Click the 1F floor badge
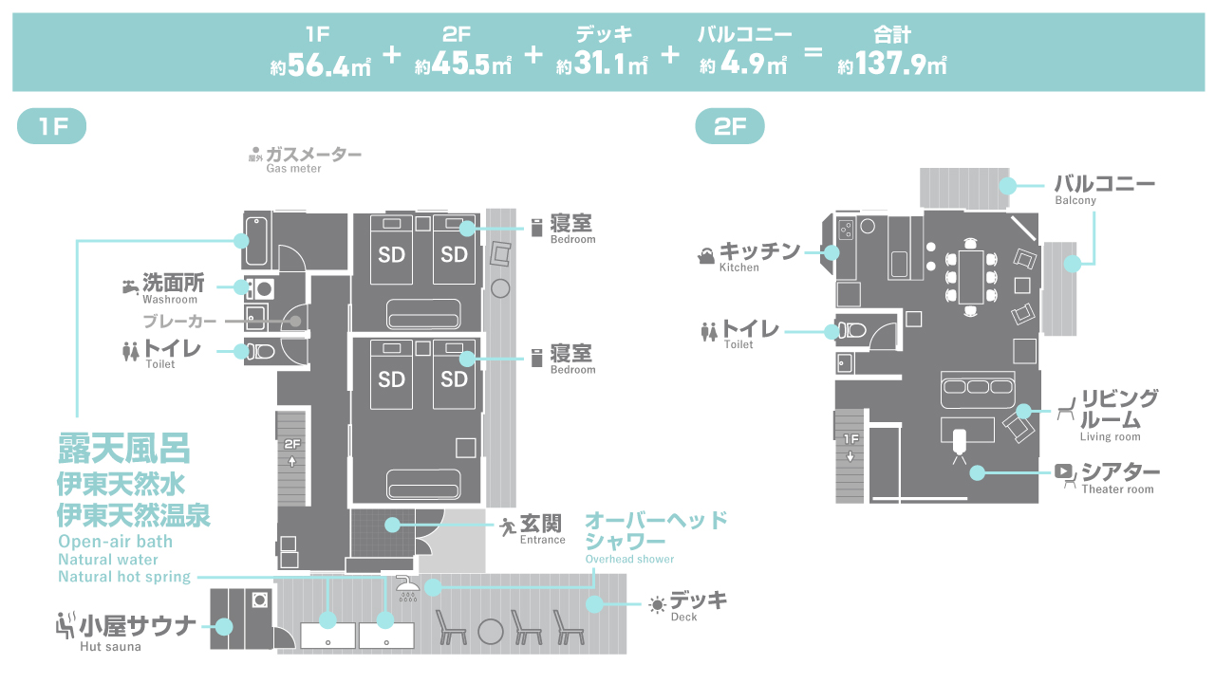[x=52, y=127]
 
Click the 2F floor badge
[x=730, y=127]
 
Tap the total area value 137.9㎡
[x=892, y=66]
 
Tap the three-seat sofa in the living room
[x=977, y=387]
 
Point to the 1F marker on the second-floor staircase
[x=850, y=439]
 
